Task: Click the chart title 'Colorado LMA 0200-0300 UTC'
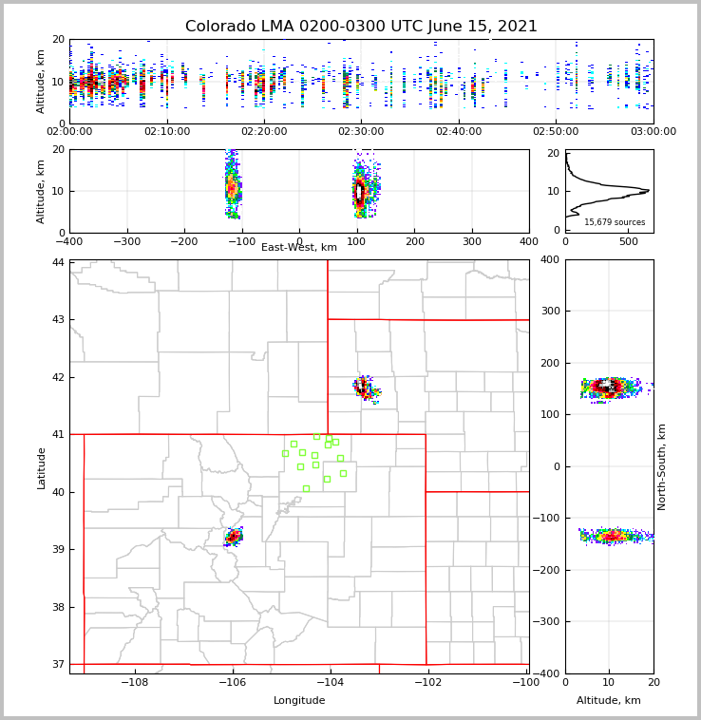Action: (361, 27)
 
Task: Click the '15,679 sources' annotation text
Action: (615, 222)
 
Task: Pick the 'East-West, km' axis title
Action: (299, 248)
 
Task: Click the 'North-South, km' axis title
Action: (662, 466)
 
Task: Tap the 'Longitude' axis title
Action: (299, 701)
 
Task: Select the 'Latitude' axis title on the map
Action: (42, 466)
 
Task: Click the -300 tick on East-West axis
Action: (127, 240)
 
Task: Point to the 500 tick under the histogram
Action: (629, 240)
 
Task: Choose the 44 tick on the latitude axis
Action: (58, 262)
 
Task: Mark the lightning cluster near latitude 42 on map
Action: (366, 388)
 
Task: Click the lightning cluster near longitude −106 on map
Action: (233, 537)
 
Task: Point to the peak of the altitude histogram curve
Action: (648, 190)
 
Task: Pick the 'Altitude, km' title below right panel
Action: (609, 701)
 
